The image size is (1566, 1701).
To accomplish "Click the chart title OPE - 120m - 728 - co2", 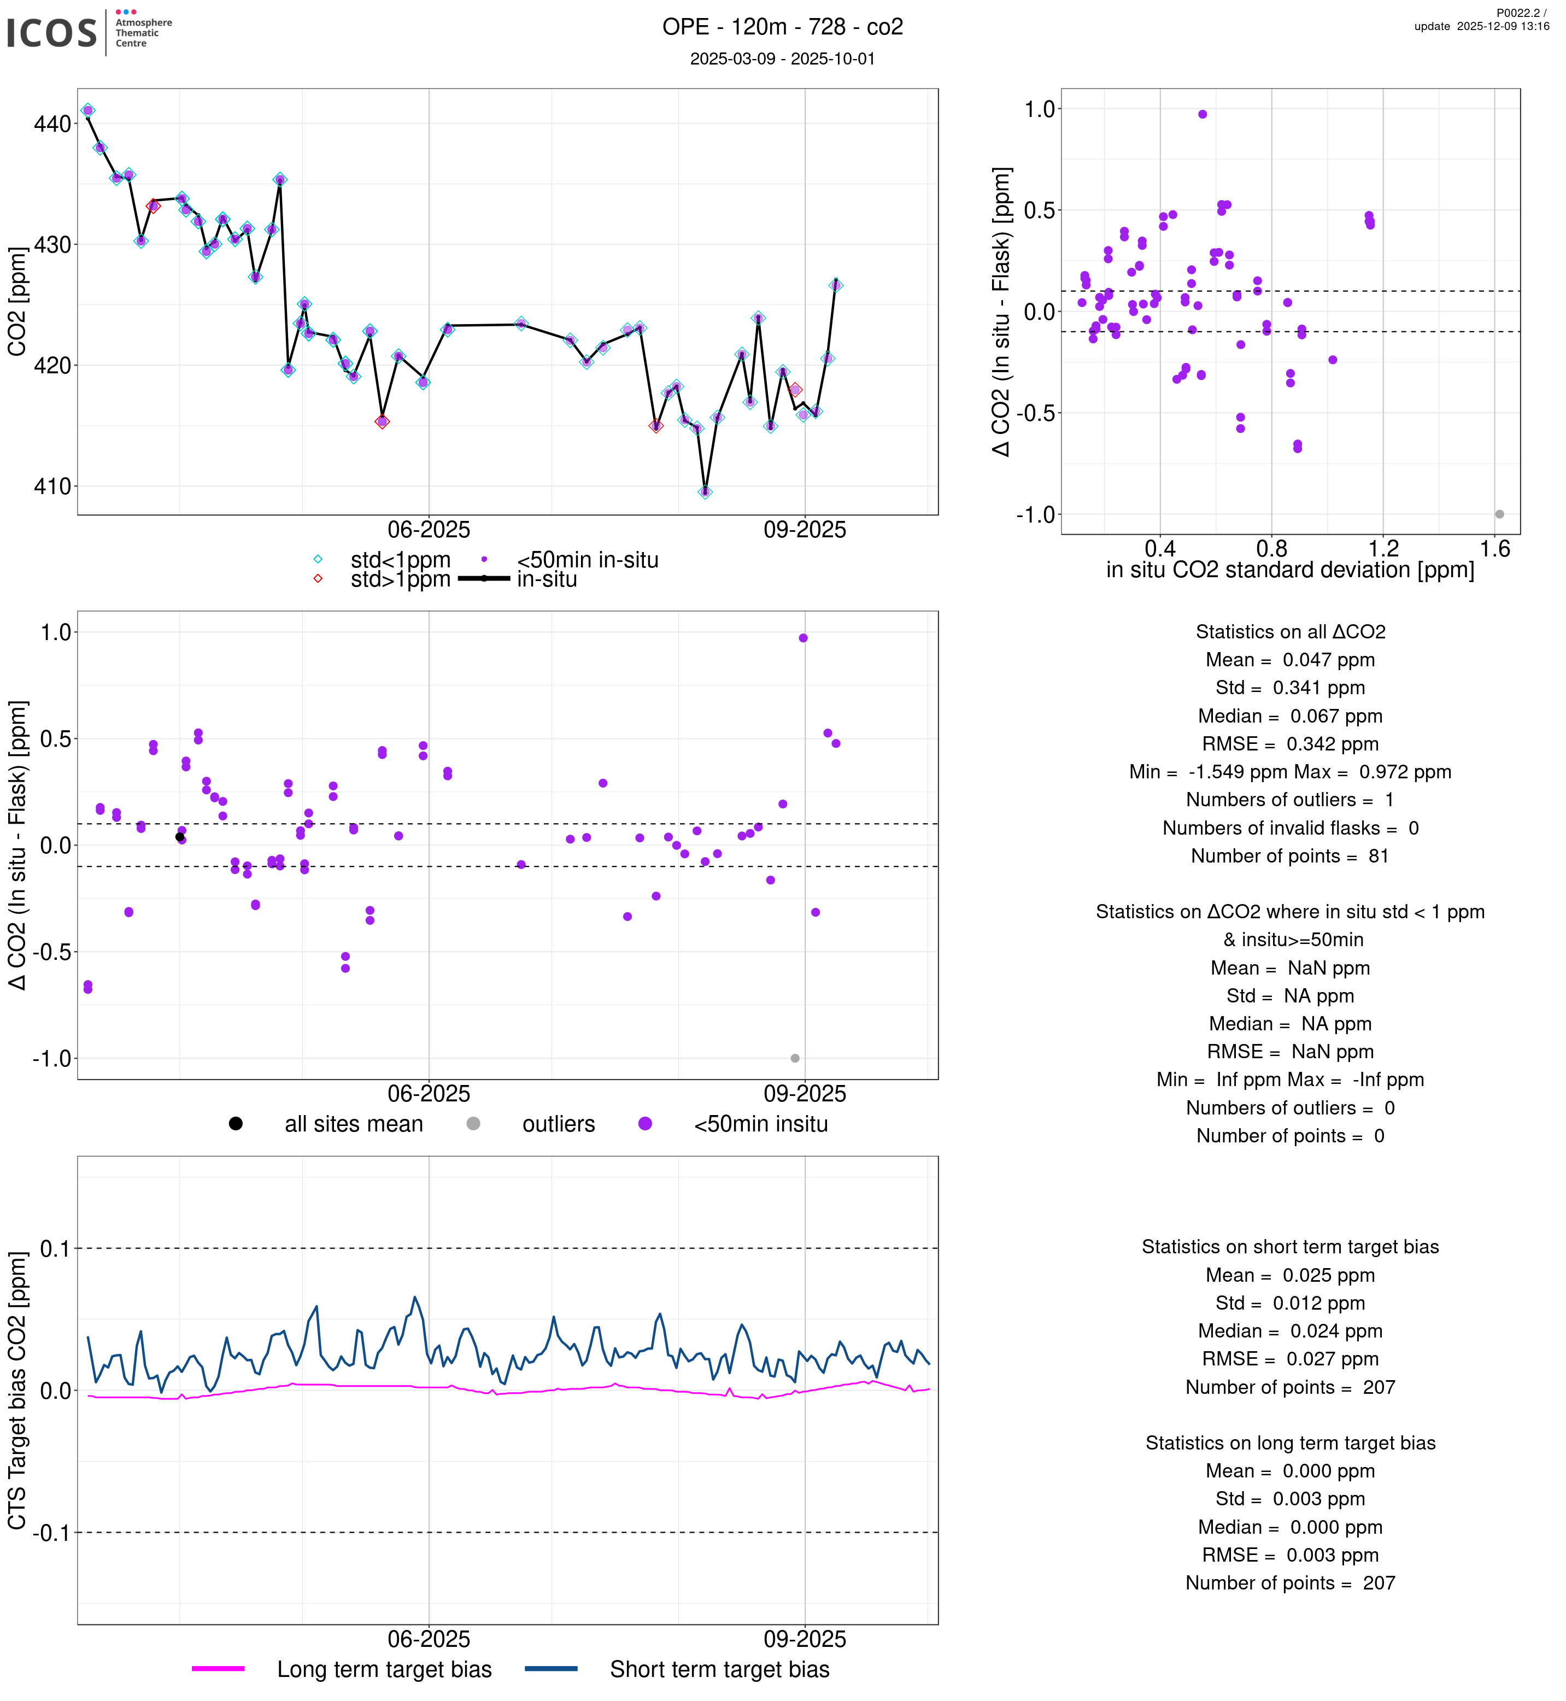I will [x=782, y=27].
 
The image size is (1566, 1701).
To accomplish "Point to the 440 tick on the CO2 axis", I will [x=52, y=124].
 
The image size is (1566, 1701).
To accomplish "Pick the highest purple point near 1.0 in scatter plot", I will [x=1203, y=114].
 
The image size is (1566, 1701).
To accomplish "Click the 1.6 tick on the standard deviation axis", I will [x=1495, y=549].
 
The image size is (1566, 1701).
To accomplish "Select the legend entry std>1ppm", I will [x=400, y=580].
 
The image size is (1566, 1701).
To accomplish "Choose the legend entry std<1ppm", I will [x=400, y=560].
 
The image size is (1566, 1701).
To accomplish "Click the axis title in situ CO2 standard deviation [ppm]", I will [x=1290, y=571].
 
